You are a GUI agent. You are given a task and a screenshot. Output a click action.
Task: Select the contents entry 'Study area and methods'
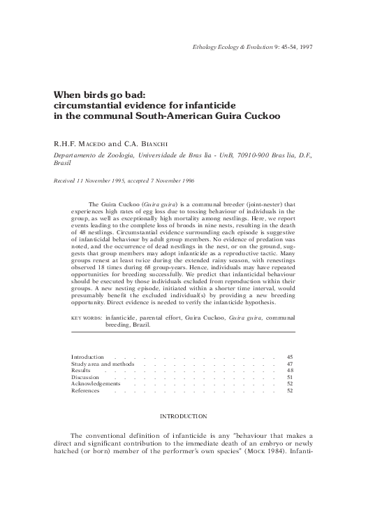click(103, 364)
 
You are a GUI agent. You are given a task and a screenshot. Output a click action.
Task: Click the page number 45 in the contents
click(290, 357)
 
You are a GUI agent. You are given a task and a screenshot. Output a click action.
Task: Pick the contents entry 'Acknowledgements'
click(96, 383)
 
